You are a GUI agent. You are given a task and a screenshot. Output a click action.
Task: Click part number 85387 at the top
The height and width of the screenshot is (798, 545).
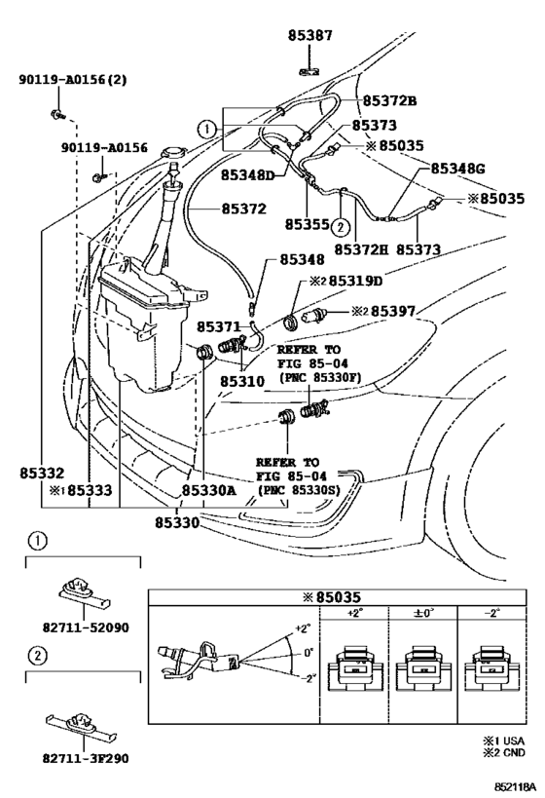[x=310, y=35]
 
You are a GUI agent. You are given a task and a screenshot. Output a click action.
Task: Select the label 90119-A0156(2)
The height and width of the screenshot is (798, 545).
[x=73, y=79]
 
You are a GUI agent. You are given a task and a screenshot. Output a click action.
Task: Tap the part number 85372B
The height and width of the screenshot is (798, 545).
[x=389, y=100]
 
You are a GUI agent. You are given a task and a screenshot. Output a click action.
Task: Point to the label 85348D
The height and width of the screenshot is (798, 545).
[x=247, y=175]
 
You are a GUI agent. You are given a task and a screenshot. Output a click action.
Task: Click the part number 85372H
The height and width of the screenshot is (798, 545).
[x=361, y=249]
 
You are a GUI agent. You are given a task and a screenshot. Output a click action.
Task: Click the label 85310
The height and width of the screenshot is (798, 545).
[x=242, y=381]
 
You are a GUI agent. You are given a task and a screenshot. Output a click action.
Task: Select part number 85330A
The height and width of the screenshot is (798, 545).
[x=209, y=490]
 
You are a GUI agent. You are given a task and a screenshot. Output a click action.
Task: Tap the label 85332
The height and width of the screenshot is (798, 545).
[x=42, y=473]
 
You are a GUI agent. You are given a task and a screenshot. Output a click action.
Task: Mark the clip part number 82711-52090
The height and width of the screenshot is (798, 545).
[x=86, y=627]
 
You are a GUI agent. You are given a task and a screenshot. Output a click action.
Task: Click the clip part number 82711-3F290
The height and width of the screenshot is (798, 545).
[x=86, y=758]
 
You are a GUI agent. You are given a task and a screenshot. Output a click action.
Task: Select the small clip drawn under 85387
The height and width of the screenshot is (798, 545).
[x=309, y=71]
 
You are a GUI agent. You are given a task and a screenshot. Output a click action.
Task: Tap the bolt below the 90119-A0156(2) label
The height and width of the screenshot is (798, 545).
[x=57, y=115]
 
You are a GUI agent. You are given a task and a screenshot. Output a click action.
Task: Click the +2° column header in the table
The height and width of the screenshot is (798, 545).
[x=354, y=613]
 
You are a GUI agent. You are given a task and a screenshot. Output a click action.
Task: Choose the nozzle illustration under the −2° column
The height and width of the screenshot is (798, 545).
[x=491, y=667]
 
